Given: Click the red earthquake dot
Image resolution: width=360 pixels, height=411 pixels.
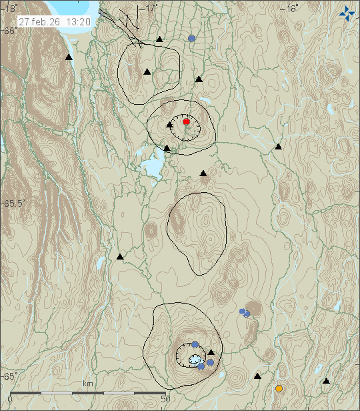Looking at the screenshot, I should tap(187, 121).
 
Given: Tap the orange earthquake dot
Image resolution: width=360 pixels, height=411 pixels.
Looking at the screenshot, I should tap(279, 388).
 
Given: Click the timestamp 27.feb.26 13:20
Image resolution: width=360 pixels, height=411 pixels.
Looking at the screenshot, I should tap(55, 21).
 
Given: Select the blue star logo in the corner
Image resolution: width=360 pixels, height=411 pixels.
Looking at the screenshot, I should tap(347, 13).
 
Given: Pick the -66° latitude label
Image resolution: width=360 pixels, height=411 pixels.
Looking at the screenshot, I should tap(10, 31).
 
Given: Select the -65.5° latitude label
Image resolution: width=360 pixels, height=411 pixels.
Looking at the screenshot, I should tap(15, 203).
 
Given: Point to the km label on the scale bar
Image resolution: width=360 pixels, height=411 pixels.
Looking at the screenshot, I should tap(88, 384).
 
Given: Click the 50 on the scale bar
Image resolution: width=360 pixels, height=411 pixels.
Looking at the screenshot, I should tap(166, 399).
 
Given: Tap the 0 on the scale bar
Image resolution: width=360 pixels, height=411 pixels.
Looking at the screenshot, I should tap(10, 399).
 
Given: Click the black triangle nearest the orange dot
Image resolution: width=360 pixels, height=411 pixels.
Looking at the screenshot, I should tap(257, 376).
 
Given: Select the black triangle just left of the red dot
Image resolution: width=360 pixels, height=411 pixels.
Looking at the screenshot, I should tap(170, 124).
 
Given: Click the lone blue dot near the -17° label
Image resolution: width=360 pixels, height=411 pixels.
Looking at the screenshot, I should tap(192, 39).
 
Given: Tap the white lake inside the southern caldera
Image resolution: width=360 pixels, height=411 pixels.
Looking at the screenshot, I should tap(194, 360).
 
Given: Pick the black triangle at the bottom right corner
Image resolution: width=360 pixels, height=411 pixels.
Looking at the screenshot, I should tap(326, 381).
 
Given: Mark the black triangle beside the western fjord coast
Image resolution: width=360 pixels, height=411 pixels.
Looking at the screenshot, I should tap(69, 58).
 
